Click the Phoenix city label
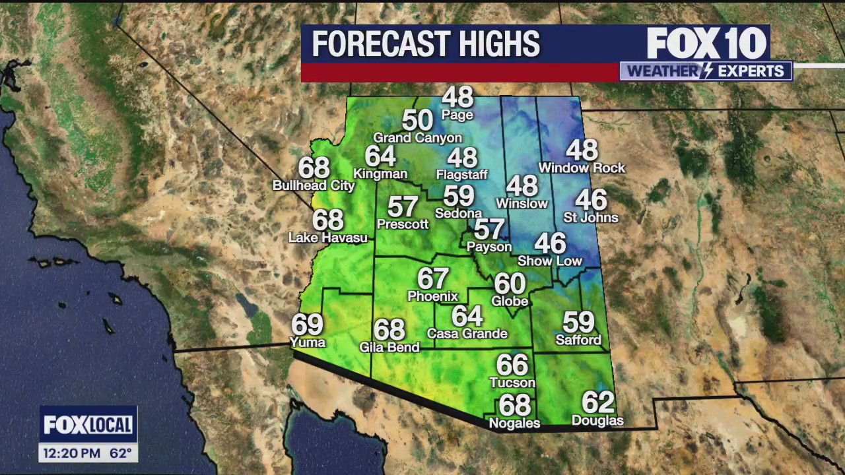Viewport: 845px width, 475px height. tap(432, 296)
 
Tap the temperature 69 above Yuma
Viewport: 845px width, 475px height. tap(307, 324)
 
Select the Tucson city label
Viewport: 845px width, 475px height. tap(512, 383)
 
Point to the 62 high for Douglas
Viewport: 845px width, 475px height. tap(597, 402)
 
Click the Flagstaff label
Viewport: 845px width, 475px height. tap(461, 175)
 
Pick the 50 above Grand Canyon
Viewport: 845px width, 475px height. tap(417, 120)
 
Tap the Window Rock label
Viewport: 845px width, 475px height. tap(582, 168)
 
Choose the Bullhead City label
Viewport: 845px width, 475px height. tap(314, 186)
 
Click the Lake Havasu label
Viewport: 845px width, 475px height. tap(327, 237)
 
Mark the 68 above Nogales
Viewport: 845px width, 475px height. tap(514, 404)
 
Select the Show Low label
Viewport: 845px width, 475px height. tap(549, 261)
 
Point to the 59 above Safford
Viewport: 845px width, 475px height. tap(578, 322)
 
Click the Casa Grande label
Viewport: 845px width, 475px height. tap(467, 334)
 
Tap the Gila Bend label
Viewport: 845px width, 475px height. tap(389, 347)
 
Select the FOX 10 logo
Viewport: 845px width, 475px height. tap(706, 44)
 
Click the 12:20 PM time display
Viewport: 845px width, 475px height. tap(71, 454)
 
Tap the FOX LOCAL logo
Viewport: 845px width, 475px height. tap(88, 426)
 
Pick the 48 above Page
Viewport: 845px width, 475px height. tap(457, 98)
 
